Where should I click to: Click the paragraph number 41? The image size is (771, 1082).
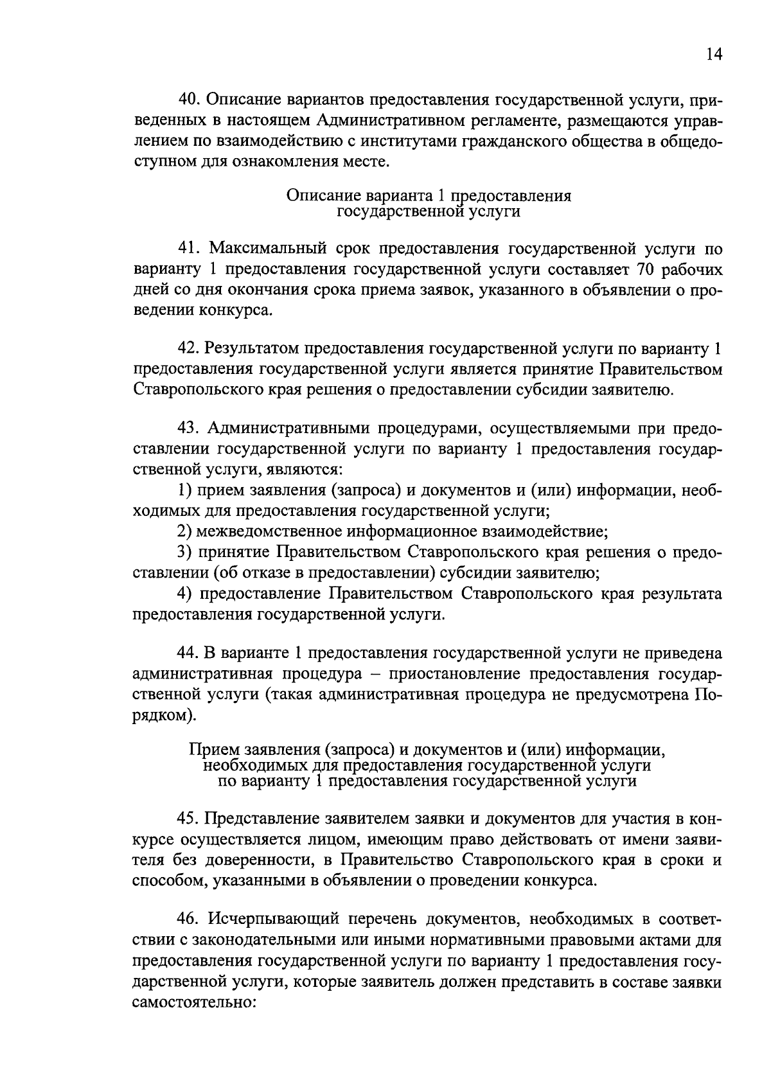click(190, 249)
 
